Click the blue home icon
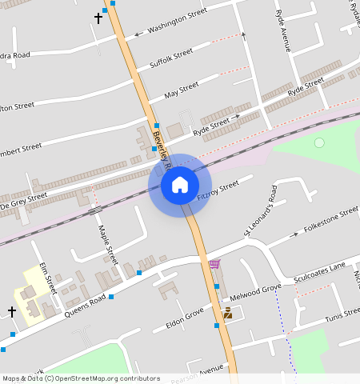click(x=180, y=186)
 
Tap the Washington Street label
click(x=178, y=21)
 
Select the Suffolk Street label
click(x=171, y=58)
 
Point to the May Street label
click(x=181, y=90)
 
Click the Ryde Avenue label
click(x=282, y=30)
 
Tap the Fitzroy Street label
click(x=218, y=190)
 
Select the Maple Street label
click(x=107, y=245)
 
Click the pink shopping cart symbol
click(x=214, y=264)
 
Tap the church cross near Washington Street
click(x=98, y=18)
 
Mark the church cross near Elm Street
click(x=12, y=310)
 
